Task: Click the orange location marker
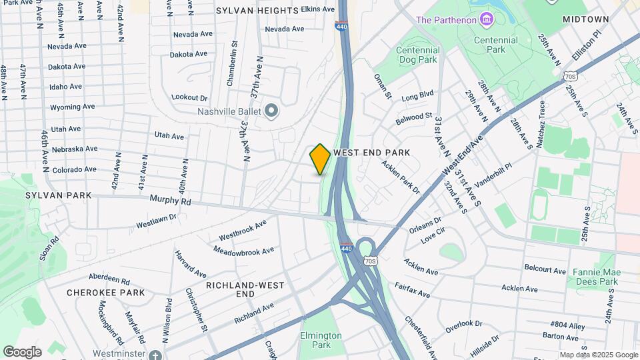click(320, 159)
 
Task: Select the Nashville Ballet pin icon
click(271, 111)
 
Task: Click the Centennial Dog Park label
click(418, 55)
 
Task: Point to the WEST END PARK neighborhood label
click(371, 153)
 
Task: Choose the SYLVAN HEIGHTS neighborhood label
click(257, 11)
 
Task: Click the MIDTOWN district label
click(585, 19)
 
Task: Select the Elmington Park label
click(315, 340)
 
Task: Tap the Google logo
click(22, 351)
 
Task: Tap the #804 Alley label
click(567, 324)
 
